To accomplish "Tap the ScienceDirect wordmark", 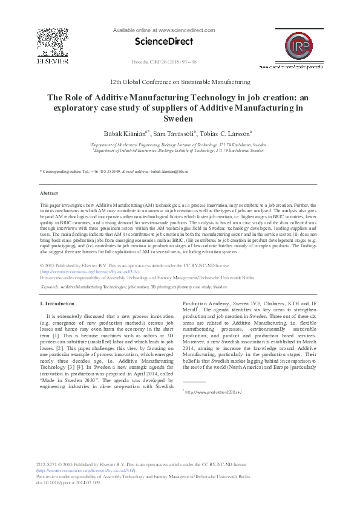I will pyautogui.click(x=164, y=42).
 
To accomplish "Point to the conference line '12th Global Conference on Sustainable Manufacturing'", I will pyautogui.click(x=180, y=81).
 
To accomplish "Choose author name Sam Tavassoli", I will pyautogui.click(x=171, y=132).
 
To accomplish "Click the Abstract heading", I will pyautogui.click(x=48, y=193).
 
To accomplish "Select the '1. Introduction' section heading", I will pyautogui.click(x=57, y=303).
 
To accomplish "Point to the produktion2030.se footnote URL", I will pyautogui.click(x=214, y=392).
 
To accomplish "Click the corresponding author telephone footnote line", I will pyautogui.click(x=114, y=172).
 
